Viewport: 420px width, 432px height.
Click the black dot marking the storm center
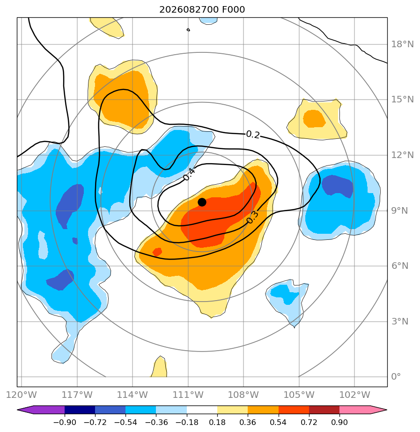[x=202, y=202]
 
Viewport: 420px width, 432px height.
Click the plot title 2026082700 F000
[x=202, y=10]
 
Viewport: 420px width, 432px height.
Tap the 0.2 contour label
[x=253, y=135]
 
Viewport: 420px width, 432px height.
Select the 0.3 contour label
[x=252, y=217]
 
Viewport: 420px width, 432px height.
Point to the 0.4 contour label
[x=189, y=174]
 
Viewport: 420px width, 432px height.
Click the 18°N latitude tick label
[x=402, y=44]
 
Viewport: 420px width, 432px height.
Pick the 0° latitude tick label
[x=396, y=376]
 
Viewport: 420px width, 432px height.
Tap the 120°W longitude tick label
[x=21, y=395]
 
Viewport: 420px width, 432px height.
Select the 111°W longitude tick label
[x=188, y=395]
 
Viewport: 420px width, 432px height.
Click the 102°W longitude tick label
[x=354, y=395]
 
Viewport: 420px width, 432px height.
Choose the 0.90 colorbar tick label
[x=339, y=422]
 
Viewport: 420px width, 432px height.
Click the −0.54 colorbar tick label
[x=125, y=422]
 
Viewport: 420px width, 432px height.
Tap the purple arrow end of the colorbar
[x=41, y=410]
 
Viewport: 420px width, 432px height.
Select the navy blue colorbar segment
[x=80, y=410]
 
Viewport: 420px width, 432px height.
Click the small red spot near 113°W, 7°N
[x=157, y=252]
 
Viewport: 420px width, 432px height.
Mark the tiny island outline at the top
[x=188, y=30]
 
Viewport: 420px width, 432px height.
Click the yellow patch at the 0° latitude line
[x=159, y=367]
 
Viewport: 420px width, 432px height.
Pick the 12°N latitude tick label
[x=402, y=155]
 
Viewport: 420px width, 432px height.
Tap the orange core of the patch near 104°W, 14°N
[x=314, y=118]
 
